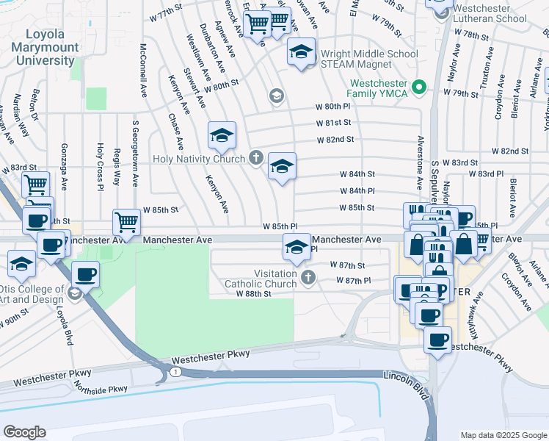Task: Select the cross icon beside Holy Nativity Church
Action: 255,157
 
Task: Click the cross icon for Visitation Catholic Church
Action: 309,278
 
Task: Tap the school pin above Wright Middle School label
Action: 300,52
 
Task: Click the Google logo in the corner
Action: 24,432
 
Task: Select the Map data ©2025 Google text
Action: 503,435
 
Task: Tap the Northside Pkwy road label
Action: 101,390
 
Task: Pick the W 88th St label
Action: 253,293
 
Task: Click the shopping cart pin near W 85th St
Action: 126,220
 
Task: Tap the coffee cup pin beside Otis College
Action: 85,274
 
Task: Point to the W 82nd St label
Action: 335,139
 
